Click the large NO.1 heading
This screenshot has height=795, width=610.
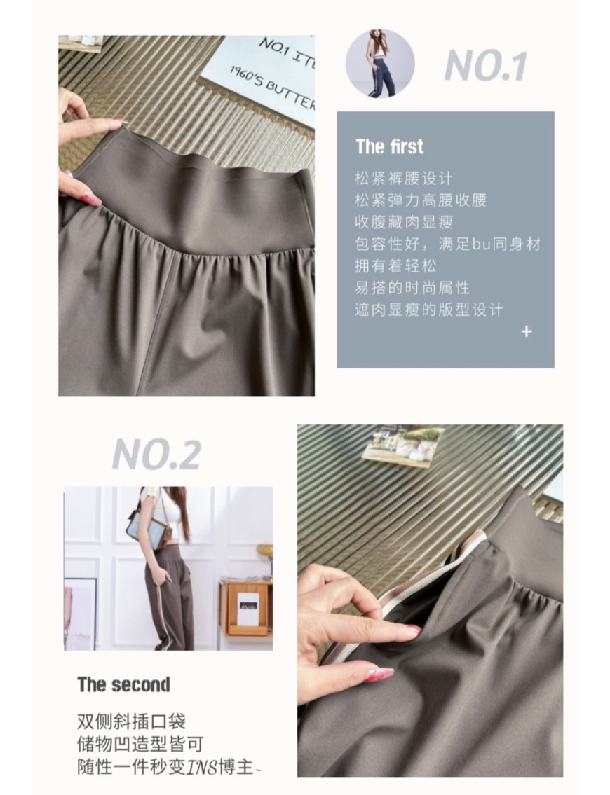(485, 66)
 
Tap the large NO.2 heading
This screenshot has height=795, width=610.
(156, 455)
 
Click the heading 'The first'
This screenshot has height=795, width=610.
(389, 146)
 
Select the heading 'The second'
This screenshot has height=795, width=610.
(123, 684)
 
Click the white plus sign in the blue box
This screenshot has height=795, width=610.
(527, 331)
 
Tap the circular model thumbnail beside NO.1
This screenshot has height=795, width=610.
(380, 63)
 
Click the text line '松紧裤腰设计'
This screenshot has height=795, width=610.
(403, 179)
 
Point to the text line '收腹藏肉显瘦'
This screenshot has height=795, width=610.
(403, 222)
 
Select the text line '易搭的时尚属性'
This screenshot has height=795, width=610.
(412, 288)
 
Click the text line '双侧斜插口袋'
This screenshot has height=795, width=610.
(131, 721)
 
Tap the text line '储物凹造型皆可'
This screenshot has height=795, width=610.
(140, 745)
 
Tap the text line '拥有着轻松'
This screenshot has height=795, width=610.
(395, 265)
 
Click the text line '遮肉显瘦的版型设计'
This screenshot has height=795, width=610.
(429, 310)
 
